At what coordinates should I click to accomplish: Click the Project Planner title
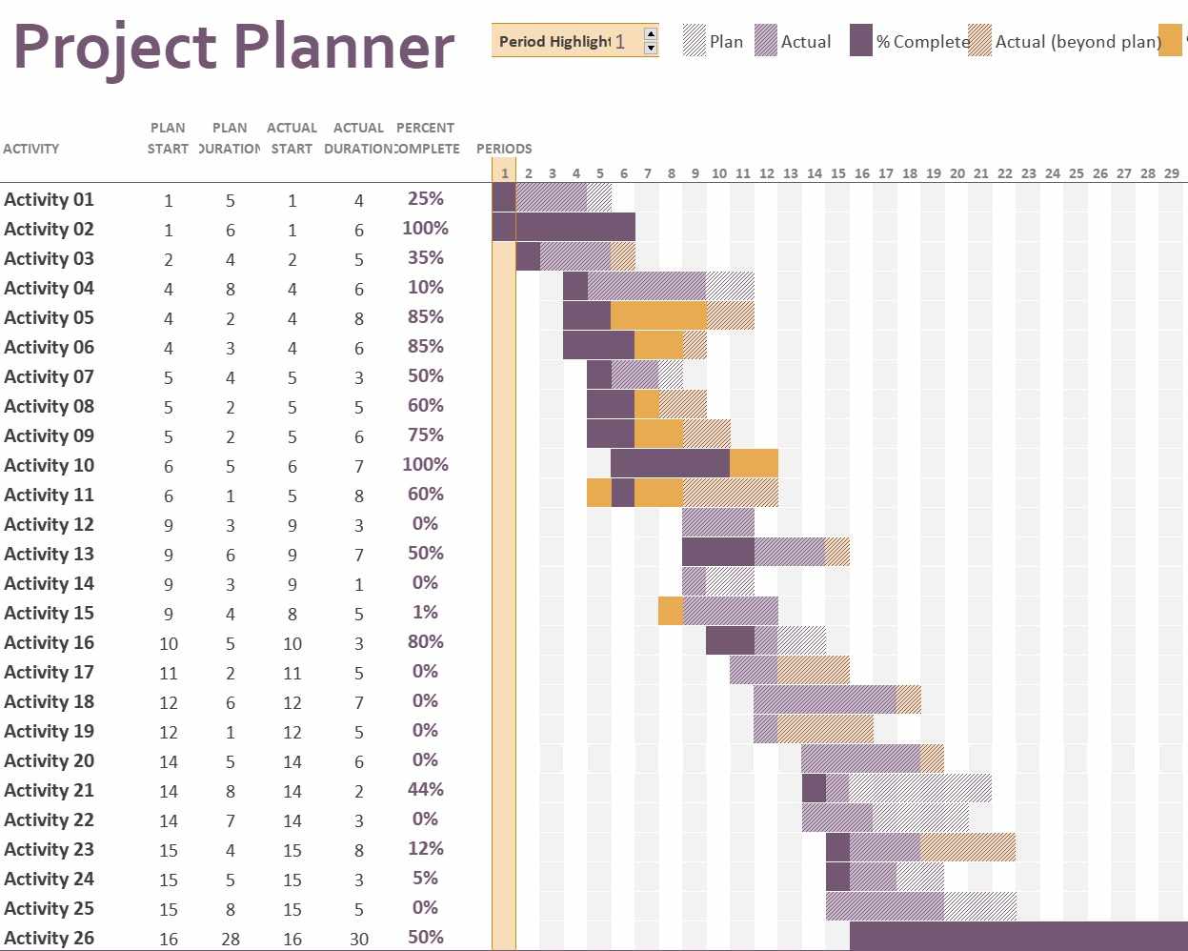[233, 46]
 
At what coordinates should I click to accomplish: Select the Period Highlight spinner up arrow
[651, 34]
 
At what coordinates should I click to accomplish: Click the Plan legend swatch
[695, 41]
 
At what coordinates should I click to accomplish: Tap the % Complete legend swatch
[861, 41]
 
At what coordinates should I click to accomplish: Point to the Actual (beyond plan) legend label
[1077, 42]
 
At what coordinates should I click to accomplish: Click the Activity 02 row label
[50, 230]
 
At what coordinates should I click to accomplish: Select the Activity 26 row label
[50, 938]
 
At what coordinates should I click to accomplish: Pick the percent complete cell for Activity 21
[425, 790]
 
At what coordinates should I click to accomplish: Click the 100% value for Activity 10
[425, 465]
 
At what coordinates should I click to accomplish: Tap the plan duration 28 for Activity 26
[231, 939]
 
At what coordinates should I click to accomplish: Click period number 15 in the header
[838, 173]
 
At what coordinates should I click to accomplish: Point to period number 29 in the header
[1172, 173]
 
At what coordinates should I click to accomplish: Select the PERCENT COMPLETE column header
[425, 138]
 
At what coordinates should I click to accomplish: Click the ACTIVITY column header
[31, 149]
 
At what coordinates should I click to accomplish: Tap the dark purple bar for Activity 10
[670, 464]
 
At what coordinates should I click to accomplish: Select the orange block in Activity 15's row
[670, 611]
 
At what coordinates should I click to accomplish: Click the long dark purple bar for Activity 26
[1017, 936]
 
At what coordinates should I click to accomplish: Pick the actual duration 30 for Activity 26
[359, 939]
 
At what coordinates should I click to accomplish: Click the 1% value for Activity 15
[425, 613]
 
